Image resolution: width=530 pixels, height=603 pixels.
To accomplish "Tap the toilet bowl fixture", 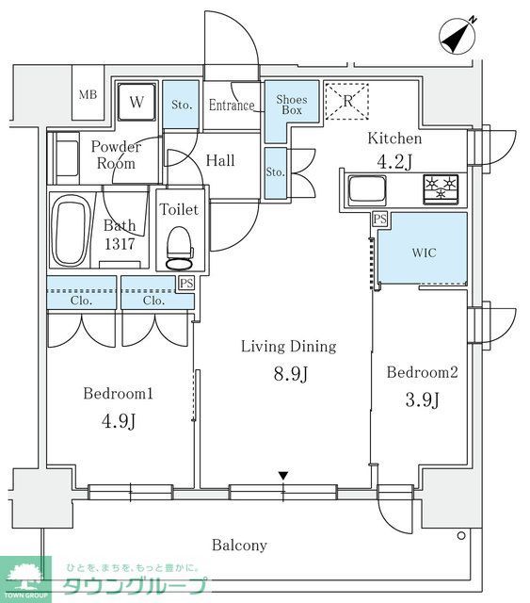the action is [x=179, y=248].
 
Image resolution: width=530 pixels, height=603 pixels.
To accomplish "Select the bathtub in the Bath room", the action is [x=70, y=231].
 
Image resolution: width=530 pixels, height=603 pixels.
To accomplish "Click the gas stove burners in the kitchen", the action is [x=441, y=188].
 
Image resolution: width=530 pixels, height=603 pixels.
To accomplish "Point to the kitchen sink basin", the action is [x=366, y=190].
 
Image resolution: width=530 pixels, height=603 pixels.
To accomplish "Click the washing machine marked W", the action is [x=137, y=103].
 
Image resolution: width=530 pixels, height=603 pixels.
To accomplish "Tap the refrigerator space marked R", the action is [x=347, y=101].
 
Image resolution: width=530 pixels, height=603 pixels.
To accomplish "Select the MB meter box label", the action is [x=88, y=94].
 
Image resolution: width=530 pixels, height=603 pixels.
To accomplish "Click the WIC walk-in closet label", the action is [x=425, y=253].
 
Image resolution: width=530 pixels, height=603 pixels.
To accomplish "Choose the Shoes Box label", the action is [x=292, y=105].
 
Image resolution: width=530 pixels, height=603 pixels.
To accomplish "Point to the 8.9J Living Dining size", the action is [x=291, y=373].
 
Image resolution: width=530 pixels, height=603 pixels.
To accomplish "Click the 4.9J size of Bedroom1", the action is [x=119, y=421].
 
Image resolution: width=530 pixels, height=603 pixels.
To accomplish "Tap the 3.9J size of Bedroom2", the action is [x=422, y=399].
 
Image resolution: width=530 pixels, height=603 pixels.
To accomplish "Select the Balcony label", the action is [x=239, y=546].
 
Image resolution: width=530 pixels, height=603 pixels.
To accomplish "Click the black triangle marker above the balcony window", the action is [x=283, y=476].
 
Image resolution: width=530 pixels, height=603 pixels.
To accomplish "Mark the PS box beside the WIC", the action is [x=379, y=220].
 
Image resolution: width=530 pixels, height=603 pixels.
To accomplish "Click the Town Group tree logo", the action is [x=25, y=579].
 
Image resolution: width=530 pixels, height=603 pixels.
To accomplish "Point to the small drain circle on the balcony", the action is [x=461, y=535].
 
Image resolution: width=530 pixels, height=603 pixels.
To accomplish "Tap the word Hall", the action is [x=220, y=161].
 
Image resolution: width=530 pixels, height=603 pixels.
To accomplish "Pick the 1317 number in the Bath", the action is [x=120, y=244].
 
